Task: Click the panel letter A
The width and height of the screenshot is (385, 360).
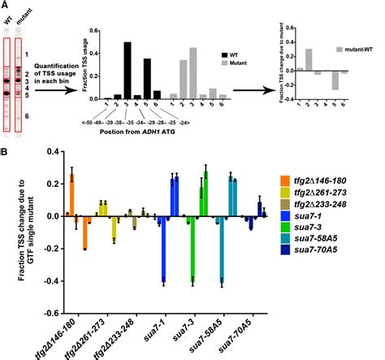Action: (5, 6)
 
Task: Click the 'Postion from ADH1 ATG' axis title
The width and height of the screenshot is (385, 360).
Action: (136, 131)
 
